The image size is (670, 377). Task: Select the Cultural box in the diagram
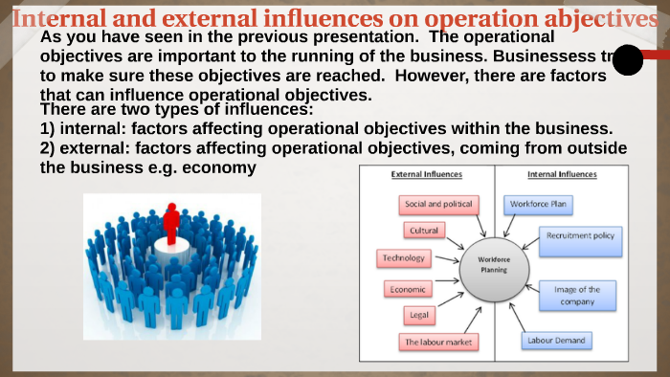click(424, 231)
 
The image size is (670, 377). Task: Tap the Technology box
click(403, 258)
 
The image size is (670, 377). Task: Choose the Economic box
click(407, 288)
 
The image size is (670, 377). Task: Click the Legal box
click(418, 314)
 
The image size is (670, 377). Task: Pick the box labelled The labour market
click(437, 342)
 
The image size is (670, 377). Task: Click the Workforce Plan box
click(538, 204)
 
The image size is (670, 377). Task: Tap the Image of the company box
click(578, 295)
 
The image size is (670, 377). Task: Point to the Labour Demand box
click(557, 340)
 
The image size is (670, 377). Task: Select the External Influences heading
click(427, 175)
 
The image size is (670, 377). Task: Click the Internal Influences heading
click(562, 175)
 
